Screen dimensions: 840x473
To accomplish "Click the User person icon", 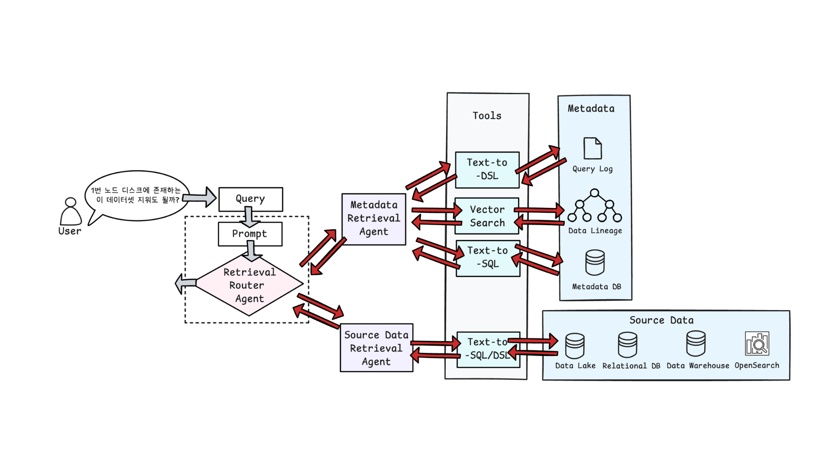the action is pyautogui.click(x=70, y=212).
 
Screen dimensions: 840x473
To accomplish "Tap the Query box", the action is pyautogui.click(x=251, y=199).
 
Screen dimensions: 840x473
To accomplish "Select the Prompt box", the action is pyautogui.click(x=250, y=234).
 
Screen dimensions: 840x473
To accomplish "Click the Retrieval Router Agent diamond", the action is pyautogui.click(x=249, y=285).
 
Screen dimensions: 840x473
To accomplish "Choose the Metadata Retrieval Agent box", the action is pyautogui.click(x=374, y=219).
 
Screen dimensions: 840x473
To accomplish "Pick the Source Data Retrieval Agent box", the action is pyautogui.click(x=376, y=348).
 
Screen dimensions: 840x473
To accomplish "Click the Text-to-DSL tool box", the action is pyautogui.click(x=487, y=170).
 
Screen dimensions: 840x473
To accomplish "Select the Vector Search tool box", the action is pyautogui.click(x=487, y=216).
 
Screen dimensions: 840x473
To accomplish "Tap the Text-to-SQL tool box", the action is pyautogui.click(x=488, y=258).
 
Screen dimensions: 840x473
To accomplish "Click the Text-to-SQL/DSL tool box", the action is pyautogui.click(x=488, y=349).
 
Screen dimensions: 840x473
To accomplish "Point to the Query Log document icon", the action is pyautogui.click(x=592, y=148).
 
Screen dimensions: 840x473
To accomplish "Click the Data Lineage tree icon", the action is pyautogui.click(x=595, y=205).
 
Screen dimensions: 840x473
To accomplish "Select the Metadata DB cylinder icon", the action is pyautogui.click(x=595, y=262).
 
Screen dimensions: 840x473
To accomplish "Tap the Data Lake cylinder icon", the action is pyautogui.click(x=575, y=346).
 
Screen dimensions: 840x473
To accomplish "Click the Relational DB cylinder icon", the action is pyautogui.click(x=627, y=345).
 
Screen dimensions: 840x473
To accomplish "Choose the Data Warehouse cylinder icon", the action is pyautogui.click(x=696, y=343).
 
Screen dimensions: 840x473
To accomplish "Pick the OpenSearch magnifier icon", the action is pyautogui.click(x=757, y=343).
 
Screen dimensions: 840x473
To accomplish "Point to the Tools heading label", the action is pyautogui.click(x=487, y=116).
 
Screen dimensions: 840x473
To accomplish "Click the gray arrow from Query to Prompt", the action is pyautogui.click(x=249, y=216).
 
